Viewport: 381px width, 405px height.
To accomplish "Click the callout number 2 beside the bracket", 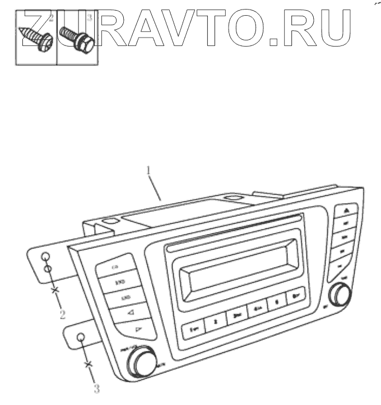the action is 62,314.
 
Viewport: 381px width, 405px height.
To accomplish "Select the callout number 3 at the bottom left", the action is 96,386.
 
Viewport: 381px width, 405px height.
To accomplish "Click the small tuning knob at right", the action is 340,294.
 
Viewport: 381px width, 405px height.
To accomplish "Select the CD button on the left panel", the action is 116,267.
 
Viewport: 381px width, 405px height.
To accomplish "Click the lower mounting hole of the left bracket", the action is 81,337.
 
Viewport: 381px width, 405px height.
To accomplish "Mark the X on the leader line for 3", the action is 87,365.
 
